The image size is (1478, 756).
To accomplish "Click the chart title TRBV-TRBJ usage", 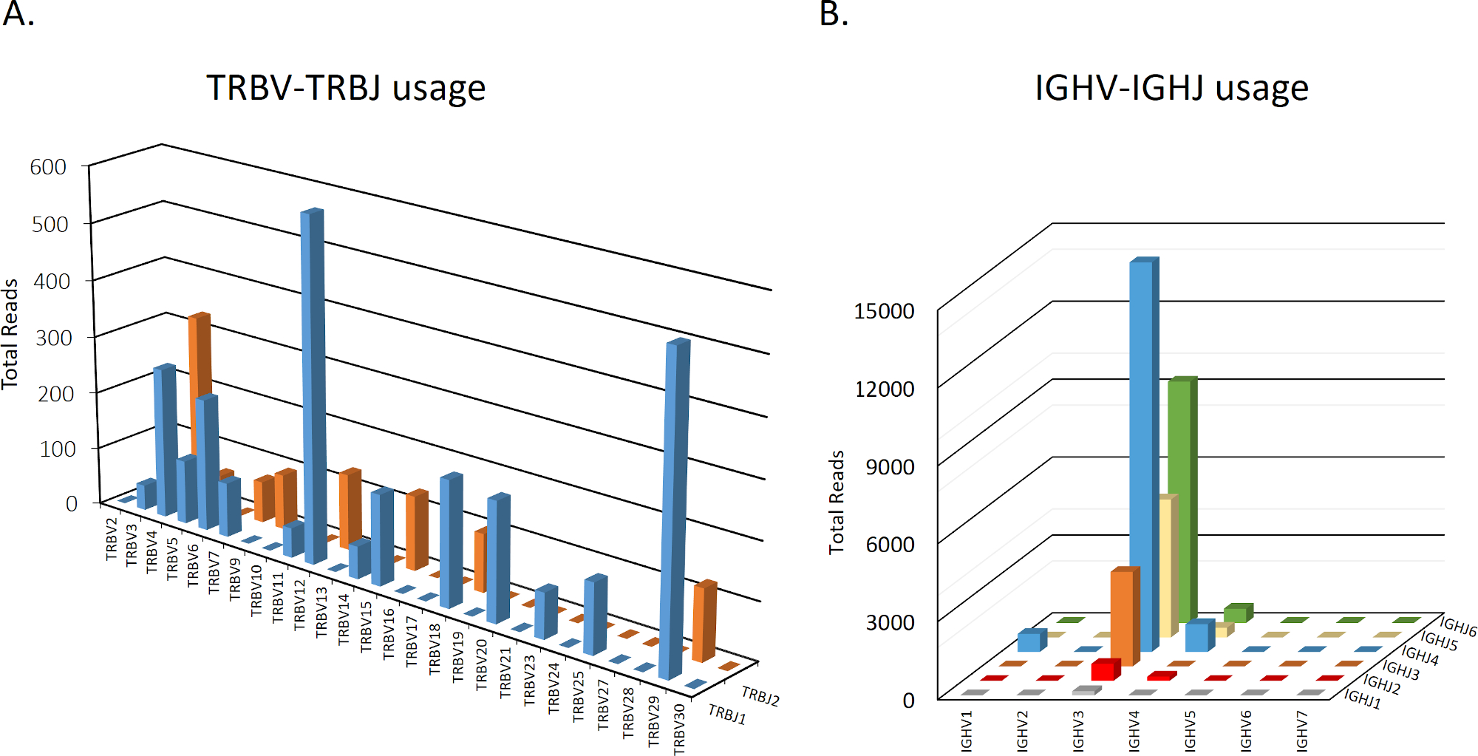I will pyautogui.click(x=346, y=89).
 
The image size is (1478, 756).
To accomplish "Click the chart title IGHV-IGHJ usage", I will pyautogui.click(x=1171, y=89).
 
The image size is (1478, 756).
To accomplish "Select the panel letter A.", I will pyautogui.click(x=18, y=13).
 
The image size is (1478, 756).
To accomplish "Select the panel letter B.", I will pyautogui.click(x=834, y=13).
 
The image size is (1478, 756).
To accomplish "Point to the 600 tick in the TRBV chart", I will pyautogui.click(x=48, y=167).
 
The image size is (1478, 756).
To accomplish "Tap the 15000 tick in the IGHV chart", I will pyautogui.click(x=884, y=311).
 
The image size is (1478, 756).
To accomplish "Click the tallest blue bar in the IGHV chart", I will pyautogui.click(x=1142, y=443).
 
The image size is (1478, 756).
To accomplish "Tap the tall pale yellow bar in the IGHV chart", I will pyautogui.click(x=1165, y=565).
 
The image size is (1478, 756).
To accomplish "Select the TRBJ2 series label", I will pyautogui.click(x=760, y=696).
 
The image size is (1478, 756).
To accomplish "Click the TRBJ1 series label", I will pyautogui.click(x=727, y=715).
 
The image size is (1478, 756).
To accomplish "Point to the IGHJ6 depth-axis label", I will pyautogui.click(x=1457, y=628).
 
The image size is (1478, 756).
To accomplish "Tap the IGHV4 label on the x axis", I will pyautogui.click(x=1134, y=731).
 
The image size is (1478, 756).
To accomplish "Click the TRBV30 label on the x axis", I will pyautogui.click(x=679, y=729).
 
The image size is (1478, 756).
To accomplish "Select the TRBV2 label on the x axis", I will pyautogui.click(x=112, y=539).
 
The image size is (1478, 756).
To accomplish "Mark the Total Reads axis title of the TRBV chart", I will pyautogui.click(x=10, y=334).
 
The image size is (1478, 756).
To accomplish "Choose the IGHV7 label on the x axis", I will pyautogui.click(x=1302, y=731).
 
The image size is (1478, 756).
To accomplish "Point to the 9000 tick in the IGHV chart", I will pyautogui.click(x=890, y=467).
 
